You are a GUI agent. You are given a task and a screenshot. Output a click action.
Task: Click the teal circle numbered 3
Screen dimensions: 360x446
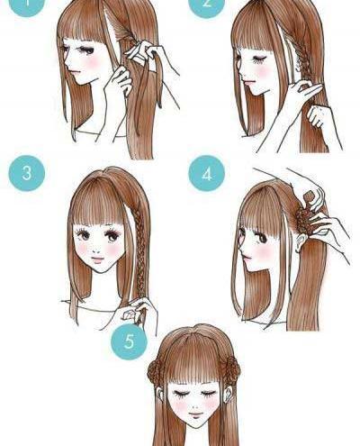27,173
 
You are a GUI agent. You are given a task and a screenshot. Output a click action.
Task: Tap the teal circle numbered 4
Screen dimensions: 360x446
207,173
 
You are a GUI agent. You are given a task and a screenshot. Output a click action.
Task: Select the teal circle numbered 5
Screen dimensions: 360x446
130,341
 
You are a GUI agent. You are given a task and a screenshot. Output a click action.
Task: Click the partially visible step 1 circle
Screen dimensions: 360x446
26,7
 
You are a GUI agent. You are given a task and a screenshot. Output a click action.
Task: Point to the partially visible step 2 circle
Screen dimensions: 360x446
207,7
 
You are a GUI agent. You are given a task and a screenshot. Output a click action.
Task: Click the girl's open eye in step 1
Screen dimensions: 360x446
88,50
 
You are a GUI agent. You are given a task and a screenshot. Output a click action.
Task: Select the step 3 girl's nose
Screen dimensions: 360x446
96,250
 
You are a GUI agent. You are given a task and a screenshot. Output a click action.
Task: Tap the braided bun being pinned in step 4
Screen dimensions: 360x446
302,219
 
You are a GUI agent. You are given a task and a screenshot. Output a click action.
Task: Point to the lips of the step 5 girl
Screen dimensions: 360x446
195,415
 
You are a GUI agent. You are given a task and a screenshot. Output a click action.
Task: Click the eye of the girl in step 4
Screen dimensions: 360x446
262,238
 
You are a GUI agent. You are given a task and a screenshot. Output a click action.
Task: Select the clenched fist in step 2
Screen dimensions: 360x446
316,115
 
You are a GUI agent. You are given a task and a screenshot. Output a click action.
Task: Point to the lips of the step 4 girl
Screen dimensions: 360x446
247,258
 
